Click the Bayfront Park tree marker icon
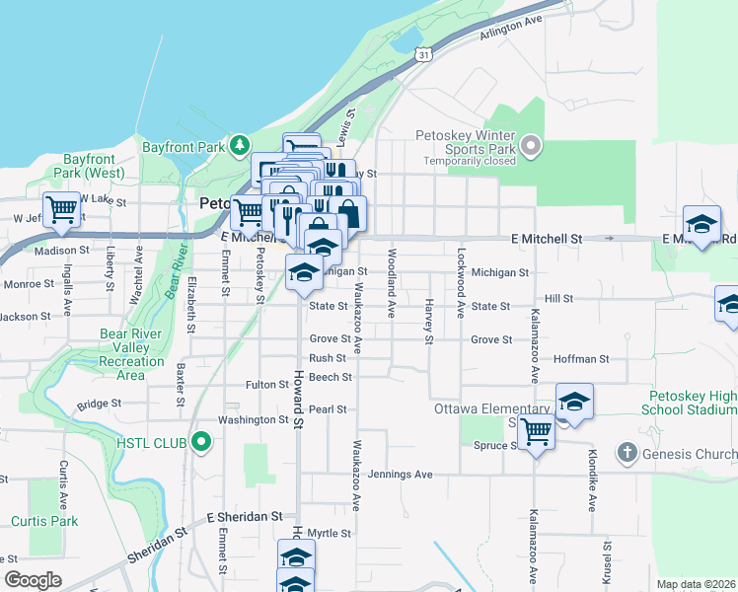click(240, 147)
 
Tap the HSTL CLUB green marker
click(202, 442)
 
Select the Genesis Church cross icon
click(627, 453)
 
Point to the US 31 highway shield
click(422, 53)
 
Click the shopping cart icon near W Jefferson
click(62, 209)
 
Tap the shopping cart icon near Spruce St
click(536, 430)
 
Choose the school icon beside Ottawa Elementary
click(574, 402)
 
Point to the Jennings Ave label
click(400, 475)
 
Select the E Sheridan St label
click(245, 516)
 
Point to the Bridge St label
click(99, 404)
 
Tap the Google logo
click(33, 580)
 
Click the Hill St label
click(558, 298)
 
